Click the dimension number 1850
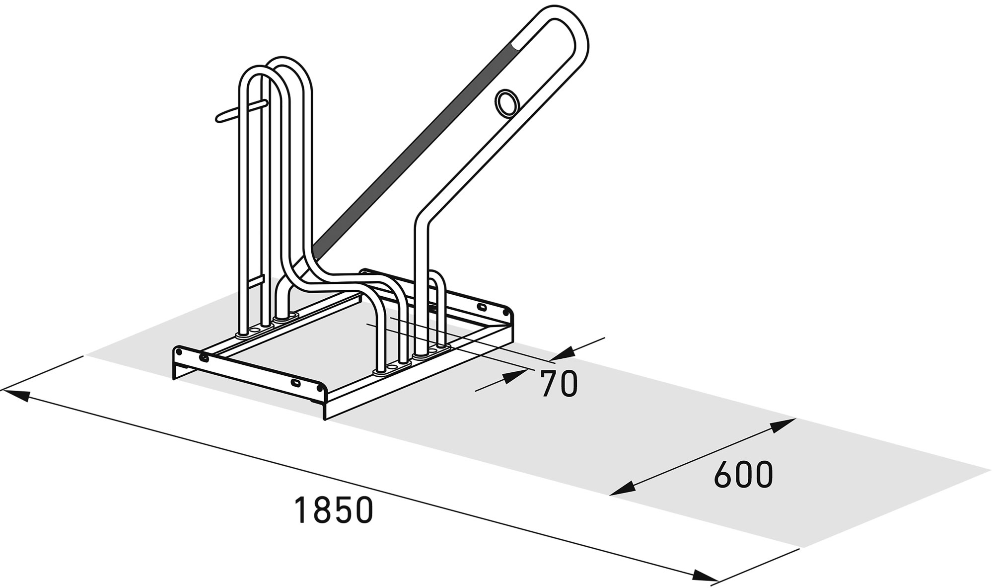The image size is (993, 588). pyautogui.click(x=333, y=510)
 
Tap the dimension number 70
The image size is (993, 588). pyautogui.click(x=559, y=384)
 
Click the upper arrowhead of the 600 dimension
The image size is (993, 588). pyautogui.click(x=783, y=425)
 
